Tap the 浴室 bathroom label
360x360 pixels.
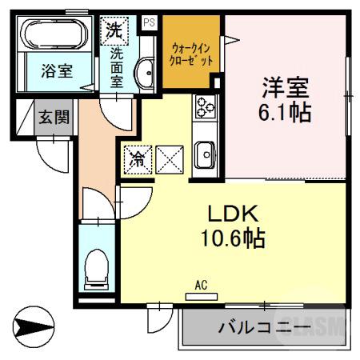pyautogui.click(x=56, y=70)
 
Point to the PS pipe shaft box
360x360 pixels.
pyautogui.click(x=148, y=23)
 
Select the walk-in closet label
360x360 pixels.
pyautogui.click(x=190, y=54)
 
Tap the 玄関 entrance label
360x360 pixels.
pyautogui.click(x=54, y=116)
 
